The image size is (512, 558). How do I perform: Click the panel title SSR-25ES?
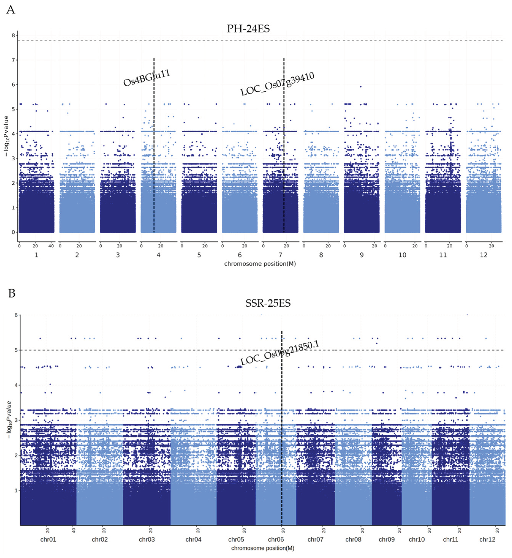click(268, 303)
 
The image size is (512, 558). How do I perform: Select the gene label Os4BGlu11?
click(147, 78)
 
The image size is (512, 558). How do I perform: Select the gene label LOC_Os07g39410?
click(277, 84)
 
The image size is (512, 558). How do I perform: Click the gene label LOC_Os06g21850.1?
click(280, 353)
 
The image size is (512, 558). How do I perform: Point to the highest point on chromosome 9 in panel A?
click(360, 86)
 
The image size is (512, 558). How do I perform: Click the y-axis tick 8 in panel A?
click(13, 36)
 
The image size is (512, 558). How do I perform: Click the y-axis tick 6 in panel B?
click(16, 315)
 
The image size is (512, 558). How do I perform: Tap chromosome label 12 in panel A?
click(484, 255)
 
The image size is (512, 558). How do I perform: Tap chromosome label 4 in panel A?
click(158, 255)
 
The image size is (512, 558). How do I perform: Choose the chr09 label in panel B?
click(386, 539)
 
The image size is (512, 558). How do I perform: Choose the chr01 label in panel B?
click(48, 539)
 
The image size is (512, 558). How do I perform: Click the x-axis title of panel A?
click(260, 264)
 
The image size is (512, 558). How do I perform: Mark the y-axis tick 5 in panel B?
click(16, 350)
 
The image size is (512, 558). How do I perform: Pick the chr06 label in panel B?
click(276, 539)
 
